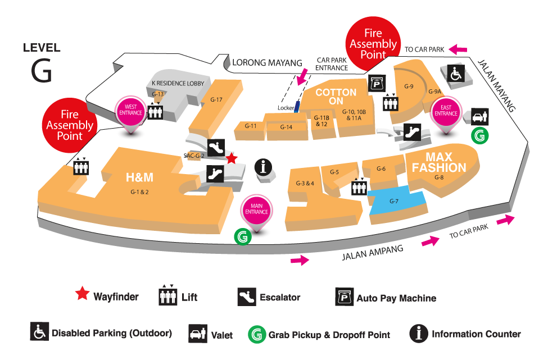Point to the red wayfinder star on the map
tap(232, 158)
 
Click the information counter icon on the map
tap(263, 167)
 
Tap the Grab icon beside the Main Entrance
tap(243, 236)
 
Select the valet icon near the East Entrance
tap(480, 117)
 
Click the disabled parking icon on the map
tap(456, 74)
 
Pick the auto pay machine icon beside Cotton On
tap(377, 84)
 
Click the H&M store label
tap(139, 177)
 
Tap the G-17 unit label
tap(216, 100)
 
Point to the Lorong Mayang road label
tap(267, 63)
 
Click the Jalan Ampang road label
tap(373, 252)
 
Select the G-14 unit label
tap(286, 127)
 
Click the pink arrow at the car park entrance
tap(302, 77)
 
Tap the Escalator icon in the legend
tap(247, 297)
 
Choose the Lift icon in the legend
tap(168, 295)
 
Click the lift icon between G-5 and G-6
tap(359, 187)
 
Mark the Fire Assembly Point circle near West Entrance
tap(70, 125)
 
